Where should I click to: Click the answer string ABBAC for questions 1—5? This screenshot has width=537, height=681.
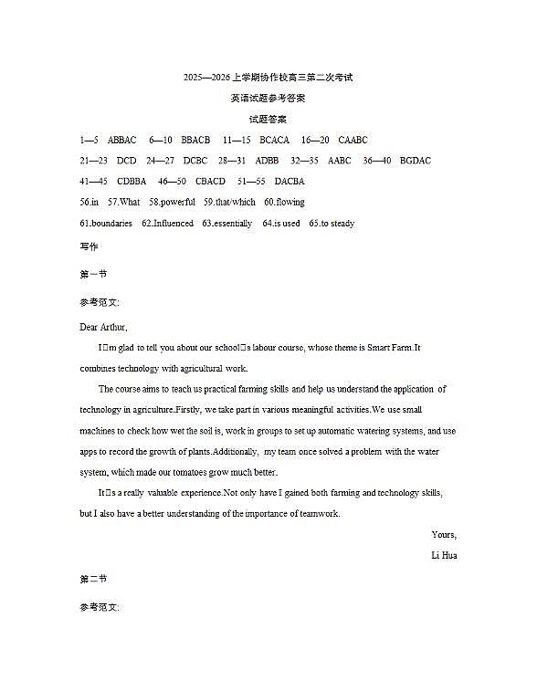point(122,141)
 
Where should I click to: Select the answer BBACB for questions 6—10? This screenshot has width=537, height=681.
point(195,141)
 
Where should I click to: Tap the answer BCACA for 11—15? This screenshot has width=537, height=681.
point(274,141)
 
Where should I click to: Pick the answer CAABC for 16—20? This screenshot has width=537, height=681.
point(353,141)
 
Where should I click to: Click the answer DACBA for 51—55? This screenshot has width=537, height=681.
point(290,182)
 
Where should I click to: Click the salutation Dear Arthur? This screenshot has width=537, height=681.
point(103,327)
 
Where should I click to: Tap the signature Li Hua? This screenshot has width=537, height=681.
point(444,555)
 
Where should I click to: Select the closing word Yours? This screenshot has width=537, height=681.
point(444,535)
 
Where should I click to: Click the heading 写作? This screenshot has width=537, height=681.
point(89,246)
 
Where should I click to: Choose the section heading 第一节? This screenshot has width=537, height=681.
point(93,274)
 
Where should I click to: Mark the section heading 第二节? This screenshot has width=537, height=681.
point(93,579)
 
